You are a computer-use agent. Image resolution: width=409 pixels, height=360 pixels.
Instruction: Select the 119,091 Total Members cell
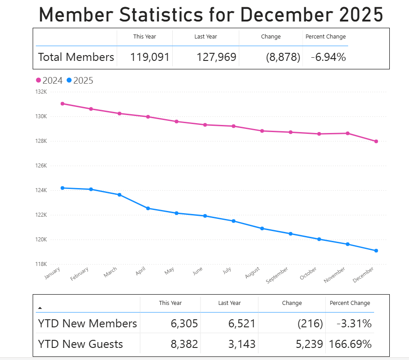[x=150, y=57]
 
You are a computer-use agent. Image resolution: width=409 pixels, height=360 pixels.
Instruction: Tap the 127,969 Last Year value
[x=216, y=57]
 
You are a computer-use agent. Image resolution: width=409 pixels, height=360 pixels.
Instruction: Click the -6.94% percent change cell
[x=325, y=57]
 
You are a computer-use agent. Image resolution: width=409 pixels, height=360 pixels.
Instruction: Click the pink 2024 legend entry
[x=49, y=81]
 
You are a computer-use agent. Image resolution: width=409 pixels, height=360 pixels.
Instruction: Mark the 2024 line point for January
[x=62, y=103]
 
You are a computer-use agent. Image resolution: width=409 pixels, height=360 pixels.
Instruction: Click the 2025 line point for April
[x=148, y=208]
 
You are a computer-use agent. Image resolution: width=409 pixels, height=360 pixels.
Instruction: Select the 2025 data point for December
[x=376, y=251]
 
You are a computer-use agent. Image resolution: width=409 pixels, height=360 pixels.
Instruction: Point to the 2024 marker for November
[x=348, y=133]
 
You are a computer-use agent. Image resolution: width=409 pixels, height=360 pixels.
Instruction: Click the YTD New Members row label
[x=87, y=323]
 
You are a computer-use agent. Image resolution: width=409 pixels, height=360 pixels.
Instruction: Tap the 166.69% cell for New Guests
[x=350, y=344]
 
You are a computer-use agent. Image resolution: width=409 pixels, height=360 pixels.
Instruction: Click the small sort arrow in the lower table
[x=40, y=308]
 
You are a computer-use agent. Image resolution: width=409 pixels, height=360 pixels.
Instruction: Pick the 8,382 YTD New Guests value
[x=184, y=344]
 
